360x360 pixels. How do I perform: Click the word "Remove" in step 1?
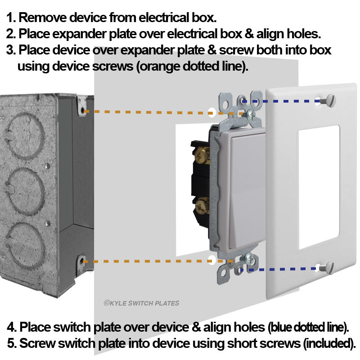[42, 18]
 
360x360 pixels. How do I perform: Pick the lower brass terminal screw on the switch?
[202, 206]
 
